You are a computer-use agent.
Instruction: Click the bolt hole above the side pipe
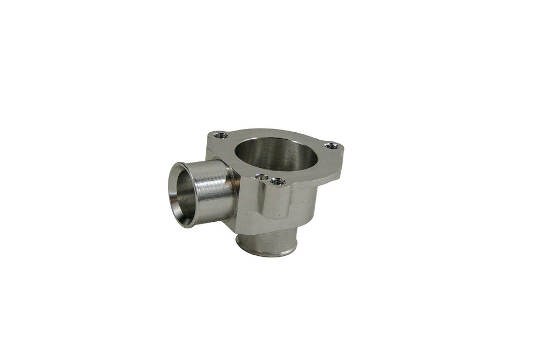click(218, 135)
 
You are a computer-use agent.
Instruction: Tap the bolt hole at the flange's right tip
click(331, 145)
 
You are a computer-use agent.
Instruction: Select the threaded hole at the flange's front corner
click(278, 181)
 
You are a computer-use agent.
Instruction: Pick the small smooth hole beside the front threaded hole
click(262, 176)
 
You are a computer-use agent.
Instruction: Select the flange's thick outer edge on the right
click(335, 167)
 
